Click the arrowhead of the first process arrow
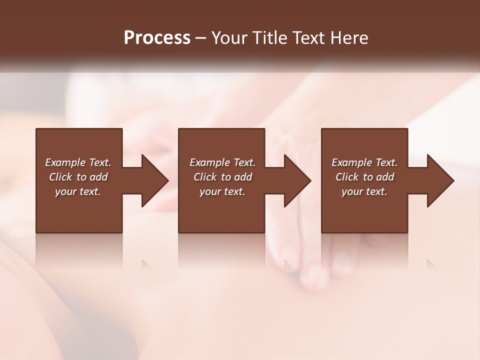click(x=155, y=180)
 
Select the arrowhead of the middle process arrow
click(x=297, y=180)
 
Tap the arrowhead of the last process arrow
click(x=440, y=180)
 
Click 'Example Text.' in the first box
click(x=78, y=162)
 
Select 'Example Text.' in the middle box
click(x=222, y=162)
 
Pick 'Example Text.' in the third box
click(x=364, y=162)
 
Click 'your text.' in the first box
click(x=78, y=191)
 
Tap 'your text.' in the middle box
click(x=222, y=191)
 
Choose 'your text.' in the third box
click(x=364, y=191)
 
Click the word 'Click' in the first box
click(x=60, y=177)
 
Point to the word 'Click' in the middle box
click(x=205, y=177)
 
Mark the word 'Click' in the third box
click(x=347, y=177)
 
